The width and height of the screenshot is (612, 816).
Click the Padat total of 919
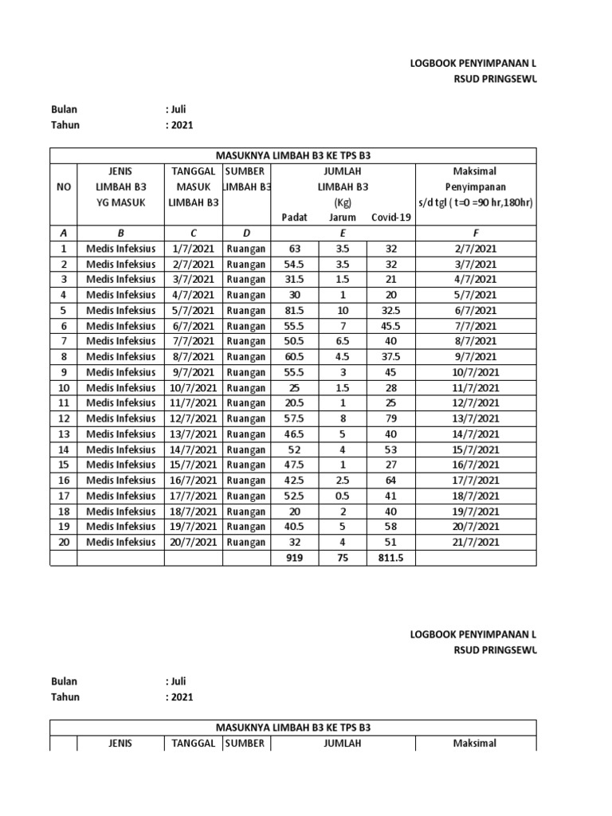[x=295, y=559]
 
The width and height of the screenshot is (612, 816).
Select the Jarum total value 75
[x=343, y=559]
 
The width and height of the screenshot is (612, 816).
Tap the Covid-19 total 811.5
[x=390, y=559]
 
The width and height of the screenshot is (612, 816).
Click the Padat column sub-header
[x=295, y=218]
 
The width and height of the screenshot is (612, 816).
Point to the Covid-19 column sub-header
[x=390, y=218]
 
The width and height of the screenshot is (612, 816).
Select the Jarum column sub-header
[x=343, y=218]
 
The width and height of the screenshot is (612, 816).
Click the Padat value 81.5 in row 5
[x=295, y=311]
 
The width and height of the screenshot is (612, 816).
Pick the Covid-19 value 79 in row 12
[x=390, y=418]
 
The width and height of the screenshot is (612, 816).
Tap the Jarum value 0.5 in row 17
[x=343, y=496]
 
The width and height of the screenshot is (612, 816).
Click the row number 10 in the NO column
[x=64, y=388]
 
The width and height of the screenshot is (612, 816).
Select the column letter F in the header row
[x=476, y=233]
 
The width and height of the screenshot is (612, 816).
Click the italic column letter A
[x=64, y=233]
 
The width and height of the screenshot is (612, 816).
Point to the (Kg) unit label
[x=343, y=202]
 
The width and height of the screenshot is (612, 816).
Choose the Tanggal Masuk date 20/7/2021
[x=194, y=543]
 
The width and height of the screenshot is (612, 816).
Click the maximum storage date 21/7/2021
[x=476, y=543]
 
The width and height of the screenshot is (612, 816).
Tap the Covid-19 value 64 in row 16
[x=390, y=481]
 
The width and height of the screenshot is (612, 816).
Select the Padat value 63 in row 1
[x=295, y=249]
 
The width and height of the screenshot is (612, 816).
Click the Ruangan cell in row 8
[x=246, y=357]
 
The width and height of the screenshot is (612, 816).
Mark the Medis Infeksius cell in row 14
[x=121, y=449]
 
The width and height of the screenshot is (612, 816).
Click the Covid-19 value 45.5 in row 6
[x=390, y=326]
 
